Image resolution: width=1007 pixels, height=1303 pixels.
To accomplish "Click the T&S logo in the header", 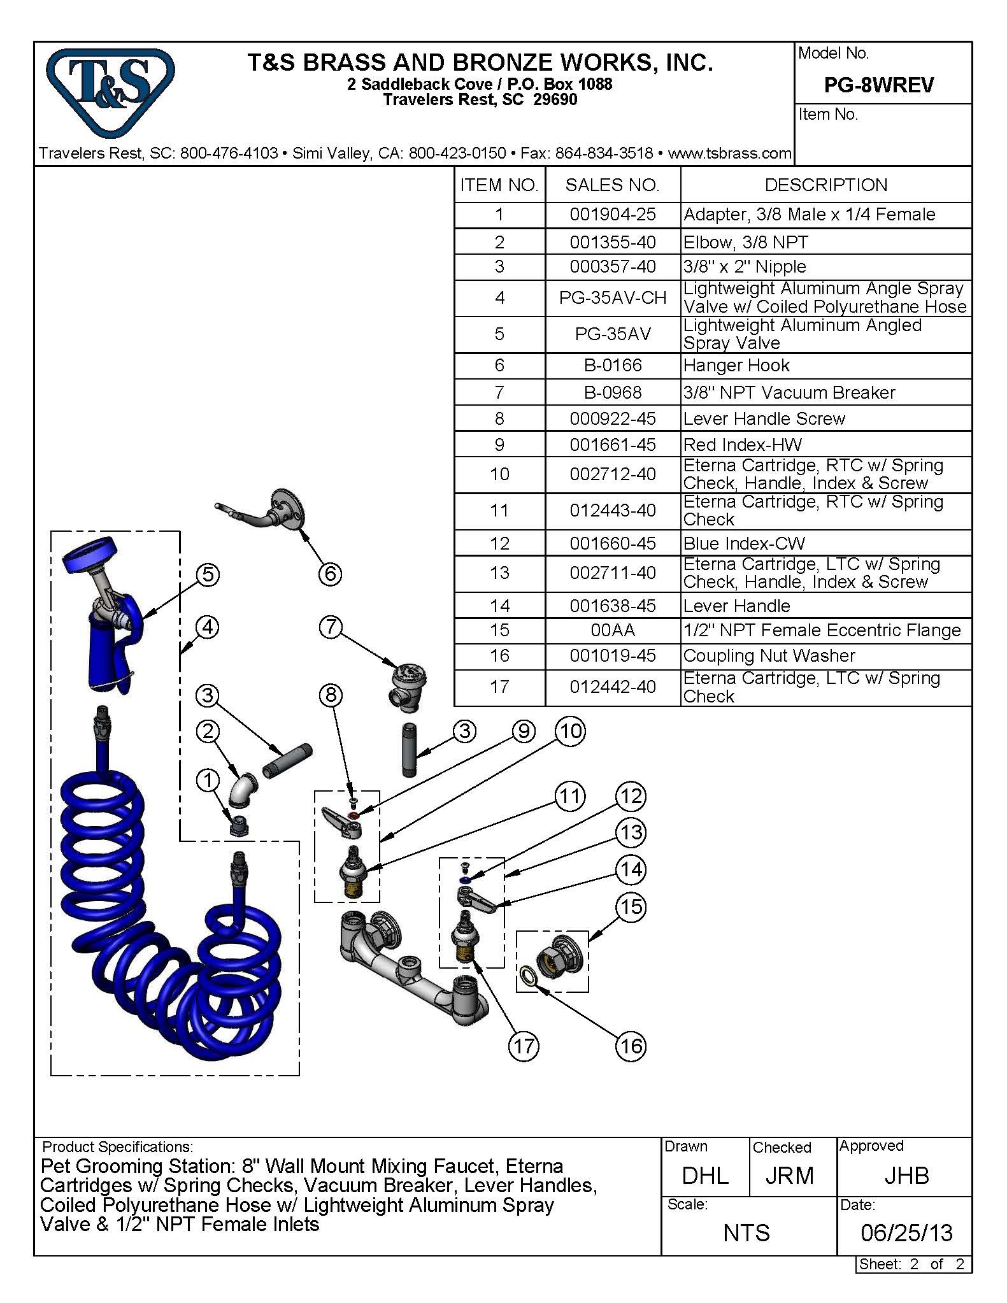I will coord(110,92).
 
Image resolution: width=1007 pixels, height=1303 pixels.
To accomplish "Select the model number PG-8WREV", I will coord(878,85).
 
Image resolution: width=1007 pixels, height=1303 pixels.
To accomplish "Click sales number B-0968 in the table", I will coord(612,392).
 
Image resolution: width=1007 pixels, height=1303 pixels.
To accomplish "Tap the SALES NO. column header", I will coord(612,185).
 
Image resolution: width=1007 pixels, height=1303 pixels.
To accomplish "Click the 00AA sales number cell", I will coord(612,630).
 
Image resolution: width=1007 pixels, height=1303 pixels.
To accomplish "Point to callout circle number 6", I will coord(330,574).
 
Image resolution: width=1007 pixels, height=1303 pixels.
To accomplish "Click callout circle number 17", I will coord(524,1046).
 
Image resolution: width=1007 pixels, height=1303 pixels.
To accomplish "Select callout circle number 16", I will coord(631,1046).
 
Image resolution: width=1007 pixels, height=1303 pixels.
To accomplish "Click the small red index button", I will coord(354,815).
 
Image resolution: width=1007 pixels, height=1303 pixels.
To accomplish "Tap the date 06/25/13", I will coord(906,1232).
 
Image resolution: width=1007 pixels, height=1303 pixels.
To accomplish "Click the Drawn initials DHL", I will coord(705,1175).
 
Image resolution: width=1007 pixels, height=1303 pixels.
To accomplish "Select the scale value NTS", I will coord(746,1233).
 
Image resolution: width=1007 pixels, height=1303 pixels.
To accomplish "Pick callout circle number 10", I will coord(570,731).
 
